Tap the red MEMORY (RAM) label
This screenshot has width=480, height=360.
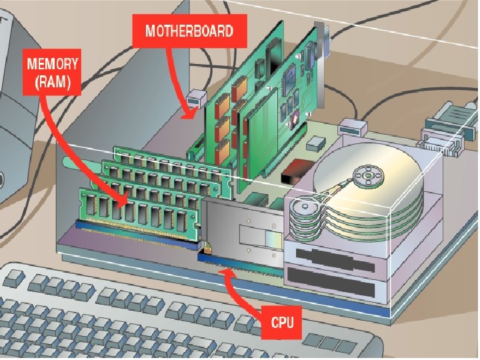click(53, 74)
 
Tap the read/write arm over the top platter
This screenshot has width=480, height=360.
click(333, 189)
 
